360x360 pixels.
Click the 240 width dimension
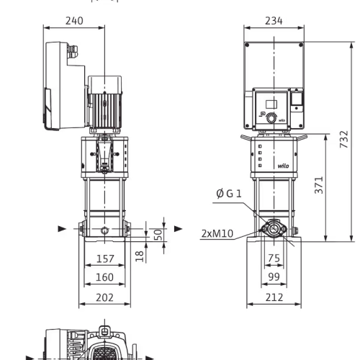pyautogui.click(x=74, y=21)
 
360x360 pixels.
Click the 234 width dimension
pyautogui.click(x=274, y=21)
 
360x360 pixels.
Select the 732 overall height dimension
pyautogui.click(x=344, y=139)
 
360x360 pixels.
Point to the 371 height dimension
pyautogui.click(x=319, y=185)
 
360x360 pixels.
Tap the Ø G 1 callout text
pyautogui.click(x=229, y=194)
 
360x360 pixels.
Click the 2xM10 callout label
pyautogui.click(x=217, y=233)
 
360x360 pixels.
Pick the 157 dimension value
pyautogui.click(x=105, y=258)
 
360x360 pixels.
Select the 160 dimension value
pyautogui.click(x=104, y=277)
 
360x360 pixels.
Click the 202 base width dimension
pyautogui.click(x=104, y=297)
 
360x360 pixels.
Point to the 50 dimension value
pyautogui.click(x=158, y=235)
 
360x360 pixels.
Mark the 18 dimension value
pyautogui.click(x=140, y=256)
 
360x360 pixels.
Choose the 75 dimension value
pyautogui.click(x=274, y=258)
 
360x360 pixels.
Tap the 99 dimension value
pyautogui.click(x=274, y=276)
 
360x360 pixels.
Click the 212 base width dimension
pyautogui.click(x=274, y=297)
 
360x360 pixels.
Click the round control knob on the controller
pyautogui.click(x=271, y=118)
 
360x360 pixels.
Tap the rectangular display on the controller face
pyautogui.click(x=271, y=104)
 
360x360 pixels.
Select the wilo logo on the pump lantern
pyautogui.click(x=283, y=166)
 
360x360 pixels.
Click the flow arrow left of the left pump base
pyautogui.click(x=62, y=229)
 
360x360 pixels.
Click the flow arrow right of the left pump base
pyautogui.click(x=178, y=229)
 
